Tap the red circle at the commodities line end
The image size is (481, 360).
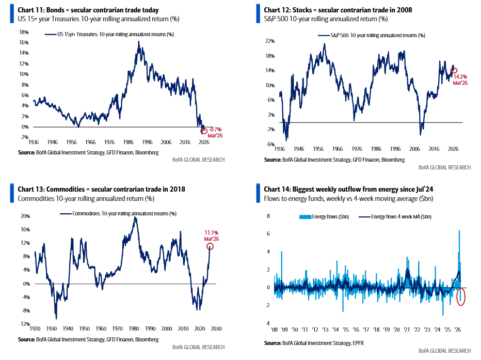(x=210, y=246)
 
